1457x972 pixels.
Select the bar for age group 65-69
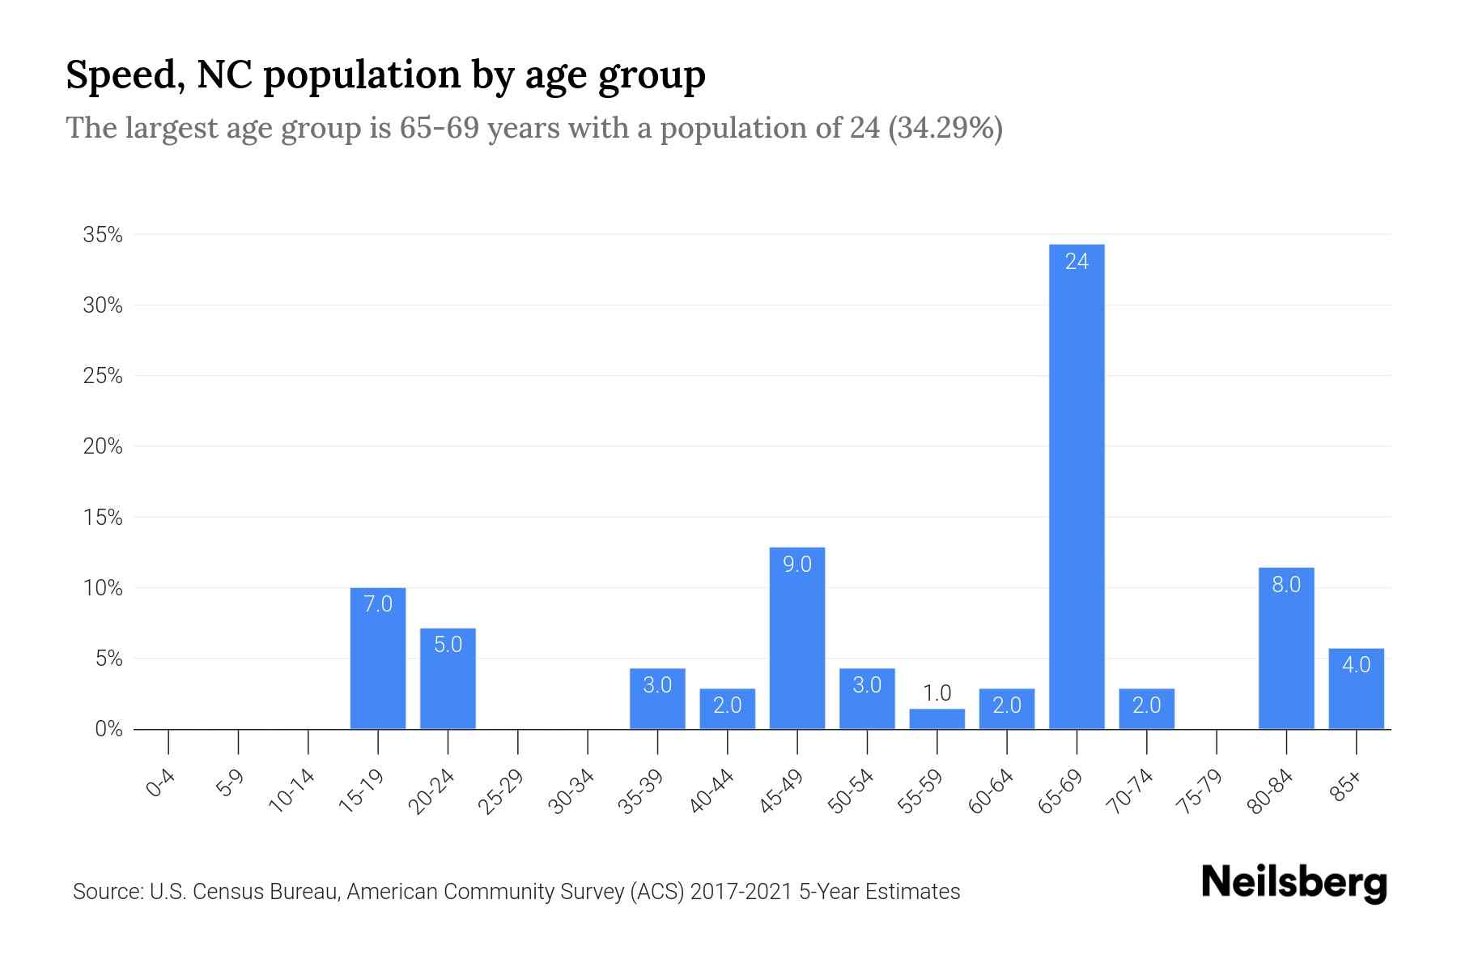click(1077, 486)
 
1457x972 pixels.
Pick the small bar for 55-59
click(937, 719)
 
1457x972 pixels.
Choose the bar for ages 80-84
click(1286, 648)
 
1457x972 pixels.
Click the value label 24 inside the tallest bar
click(1077, 262)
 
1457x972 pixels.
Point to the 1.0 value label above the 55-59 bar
click(937, 693)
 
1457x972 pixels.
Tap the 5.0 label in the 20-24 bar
click(448, 645)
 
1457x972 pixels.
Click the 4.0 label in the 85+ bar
click(1356, 665)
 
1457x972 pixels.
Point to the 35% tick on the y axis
click(103, 236)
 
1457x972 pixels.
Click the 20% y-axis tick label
click(103, 447)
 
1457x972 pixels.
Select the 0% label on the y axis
click(108, 730)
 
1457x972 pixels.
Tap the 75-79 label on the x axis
click(1200, 791)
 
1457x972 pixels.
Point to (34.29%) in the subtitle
click(945, 128)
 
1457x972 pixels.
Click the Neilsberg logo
click(1293, 883)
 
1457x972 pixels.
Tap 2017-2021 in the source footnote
click(741, 892)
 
